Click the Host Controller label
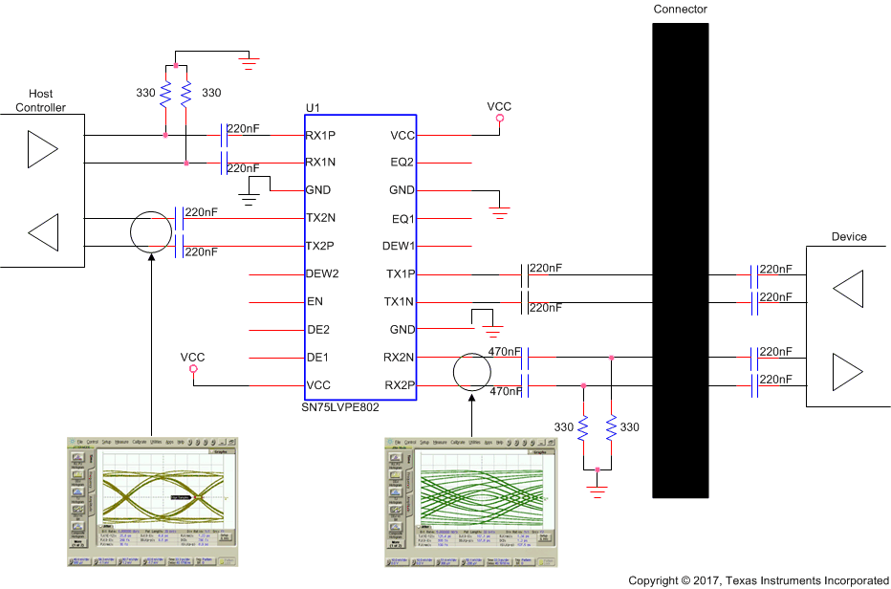pos(41,100)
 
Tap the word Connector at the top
pos(680,10)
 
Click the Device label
pos(849,236)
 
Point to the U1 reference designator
pos(312,107)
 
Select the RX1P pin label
pos(320,136)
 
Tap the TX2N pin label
pos(320,218)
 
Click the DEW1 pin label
pos(399,246)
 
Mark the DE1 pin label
pos(316,358)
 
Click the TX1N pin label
pos(401,302)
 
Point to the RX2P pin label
pos(400,385)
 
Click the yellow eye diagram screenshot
pos(152,501)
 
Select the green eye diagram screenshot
pos(470,501)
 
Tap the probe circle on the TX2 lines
pos(152,232)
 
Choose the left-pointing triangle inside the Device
pos(847,288)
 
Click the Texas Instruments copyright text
pos(758,580)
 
